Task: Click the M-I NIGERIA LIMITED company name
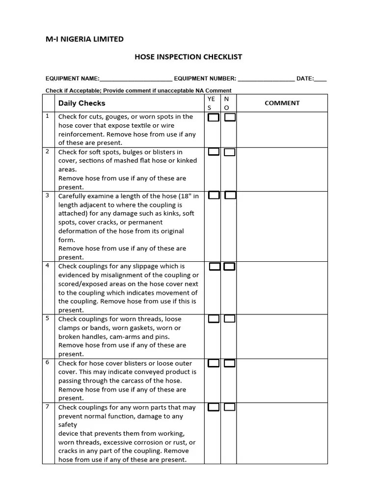(x=84, y=39)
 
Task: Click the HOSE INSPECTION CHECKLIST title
(x=188, y=57)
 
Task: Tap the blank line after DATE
(x=320, y=79)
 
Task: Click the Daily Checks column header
(x=81, y=103)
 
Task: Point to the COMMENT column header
(x=282, y=103)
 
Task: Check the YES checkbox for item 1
(x=214, y=117)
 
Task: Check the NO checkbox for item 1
(x=230, y=117)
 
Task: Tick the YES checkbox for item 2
(x=214, y=152)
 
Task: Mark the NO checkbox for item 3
(x=230, y=196)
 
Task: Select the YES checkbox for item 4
(x=215, y=267)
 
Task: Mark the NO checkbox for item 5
(x=230, y=319)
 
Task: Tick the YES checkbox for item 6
(x=214, y=363)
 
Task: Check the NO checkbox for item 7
(x=230, y=407)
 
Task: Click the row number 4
(x=48, y=266)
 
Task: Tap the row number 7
(x=48, y=407)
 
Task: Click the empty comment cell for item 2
(x=282, y=169)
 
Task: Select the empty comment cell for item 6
(x=282, y=381)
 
